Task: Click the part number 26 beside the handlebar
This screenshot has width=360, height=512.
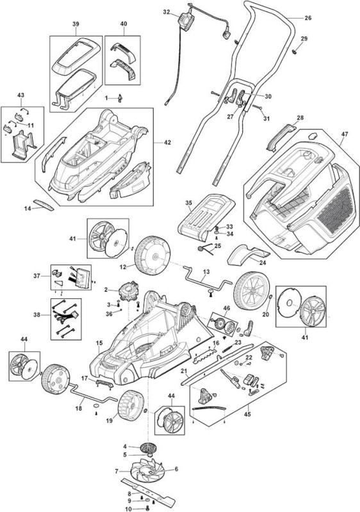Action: (308, 18)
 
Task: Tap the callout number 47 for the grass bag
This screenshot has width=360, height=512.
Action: (345, 134)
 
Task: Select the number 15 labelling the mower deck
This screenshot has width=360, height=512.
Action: (99, 343)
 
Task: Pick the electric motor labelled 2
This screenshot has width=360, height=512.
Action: (128, 291)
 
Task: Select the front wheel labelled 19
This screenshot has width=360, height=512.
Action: (131, 406)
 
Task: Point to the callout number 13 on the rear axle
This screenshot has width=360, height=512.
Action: (206, 271)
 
